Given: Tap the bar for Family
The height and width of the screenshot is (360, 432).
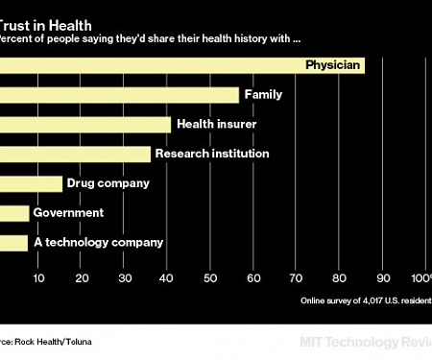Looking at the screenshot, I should (119, 95).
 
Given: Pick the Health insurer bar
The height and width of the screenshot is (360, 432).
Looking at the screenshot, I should (85, 125).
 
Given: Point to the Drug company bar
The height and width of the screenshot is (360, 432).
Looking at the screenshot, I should (31, 183).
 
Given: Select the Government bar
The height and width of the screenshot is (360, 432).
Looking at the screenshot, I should (13, 213).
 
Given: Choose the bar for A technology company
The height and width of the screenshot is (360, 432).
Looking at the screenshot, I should (13, 243).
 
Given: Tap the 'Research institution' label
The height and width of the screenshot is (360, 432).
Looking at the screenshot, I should (211, 154).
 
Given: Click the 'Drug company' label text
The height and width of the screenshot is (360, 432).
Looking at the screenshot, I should (108, 183).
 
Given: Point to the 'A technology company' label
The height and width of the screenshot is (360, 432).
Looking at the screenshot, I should (98, 243).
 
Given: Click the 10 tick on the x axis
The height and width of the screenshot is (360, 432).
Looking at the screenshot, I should (38, 278).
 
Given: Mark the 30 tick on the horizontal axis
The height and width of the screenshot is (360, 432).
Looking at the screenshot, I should (125, 278).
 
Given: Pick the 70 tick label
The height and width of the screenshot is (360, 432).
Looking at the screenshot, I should (297, 278).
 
